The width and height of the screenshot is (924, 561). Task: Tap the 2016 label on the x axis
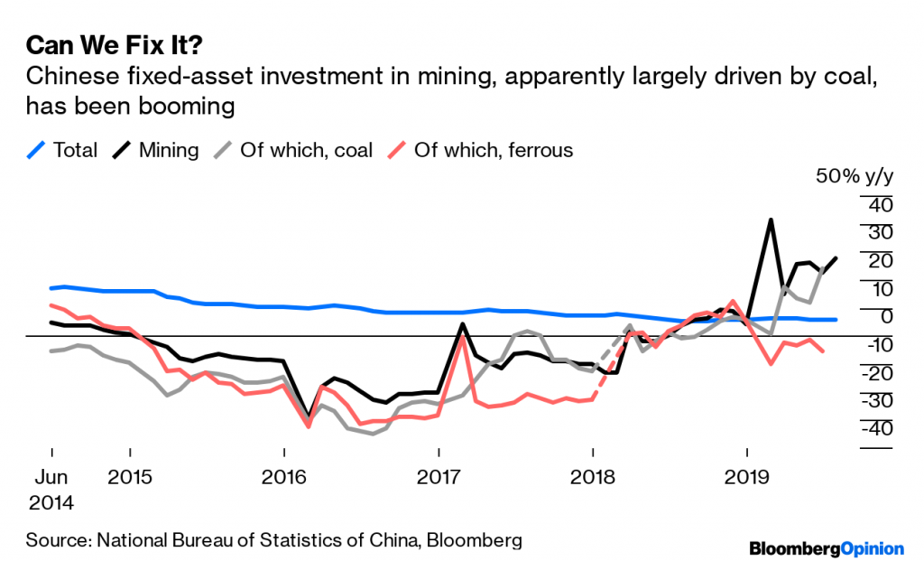pos(284,475)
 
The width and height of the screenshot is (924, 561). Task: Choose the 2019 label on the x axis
pos(746,475)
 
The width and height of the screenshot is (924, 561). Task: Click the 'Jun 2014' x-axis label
pos(51,488)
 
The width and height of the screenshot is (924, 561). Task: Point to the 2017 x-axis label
pos(439,475)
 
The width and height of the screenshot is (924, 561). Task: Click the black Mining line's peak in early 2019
pos(771,220)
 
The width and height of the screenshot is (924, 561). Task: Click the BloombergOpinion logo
pos(827,547)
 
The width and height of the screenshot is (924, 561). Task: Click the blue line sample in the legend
pos(35,150)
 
